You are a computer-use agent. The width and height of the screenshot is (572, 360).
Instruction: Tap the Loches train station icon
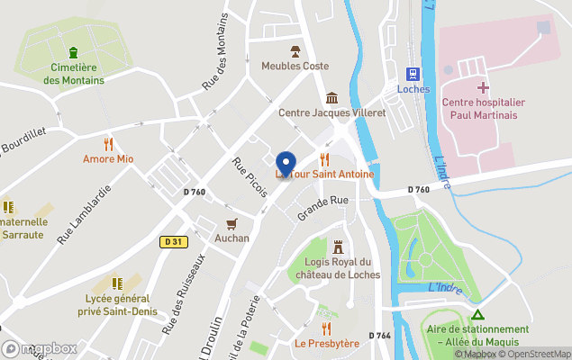point(413,73)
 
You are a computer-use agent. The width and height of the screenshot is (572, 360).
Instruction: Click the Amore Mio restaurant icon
point(108,143)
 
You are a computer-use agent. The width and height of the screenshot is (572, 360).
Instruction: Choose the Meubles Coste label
point(295,66)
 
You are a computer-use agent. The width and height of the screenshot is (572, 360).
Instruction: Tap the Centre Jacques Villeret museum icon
point(331,97)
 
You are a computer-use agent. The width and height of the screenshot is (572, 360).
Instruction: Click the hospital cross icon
point(483,87)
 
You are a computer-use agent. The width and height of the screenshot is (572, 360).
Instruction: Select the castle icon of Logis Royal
point(338,246)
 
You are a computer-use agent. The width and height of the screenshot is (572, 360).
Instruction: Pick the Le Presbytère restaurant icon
point(326,328)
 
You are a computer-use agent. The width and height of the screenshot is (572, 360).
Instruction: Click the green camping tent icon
point(478,316)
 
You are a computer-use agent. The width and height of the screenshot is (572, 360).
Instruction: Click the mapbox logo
point(41,348)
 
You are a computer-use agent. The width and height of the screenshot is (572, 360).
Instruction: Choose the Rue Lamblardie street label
point(84,215)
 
